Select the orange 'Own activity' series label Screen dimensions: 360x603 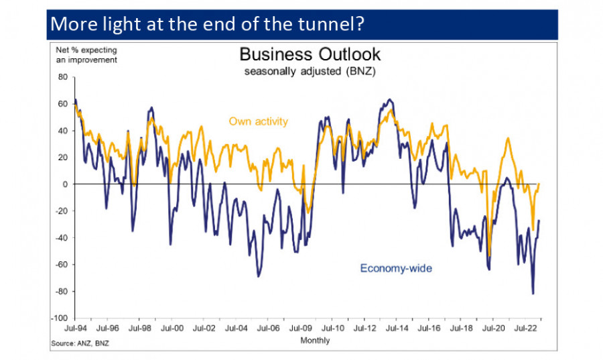point(258,121)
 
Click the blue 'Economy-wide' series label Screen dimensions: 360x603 point(396,268)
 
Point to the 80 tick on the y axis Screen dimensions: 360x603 point(62,77)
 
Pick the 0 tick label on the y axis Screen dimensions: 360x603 point(65,184)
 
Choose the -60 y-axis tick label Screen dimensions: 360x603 point(61,265)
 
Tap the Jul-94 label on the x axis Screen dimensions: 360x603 point(74,329)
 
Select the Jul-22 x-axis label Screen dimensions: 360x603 point(526,329)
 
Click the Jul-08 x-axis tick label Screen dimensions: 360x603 point(300,329)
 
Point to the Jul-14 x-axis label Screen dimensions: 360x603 point(397,329)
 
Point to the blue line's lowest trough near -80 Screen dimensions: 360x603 point(533,293)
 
